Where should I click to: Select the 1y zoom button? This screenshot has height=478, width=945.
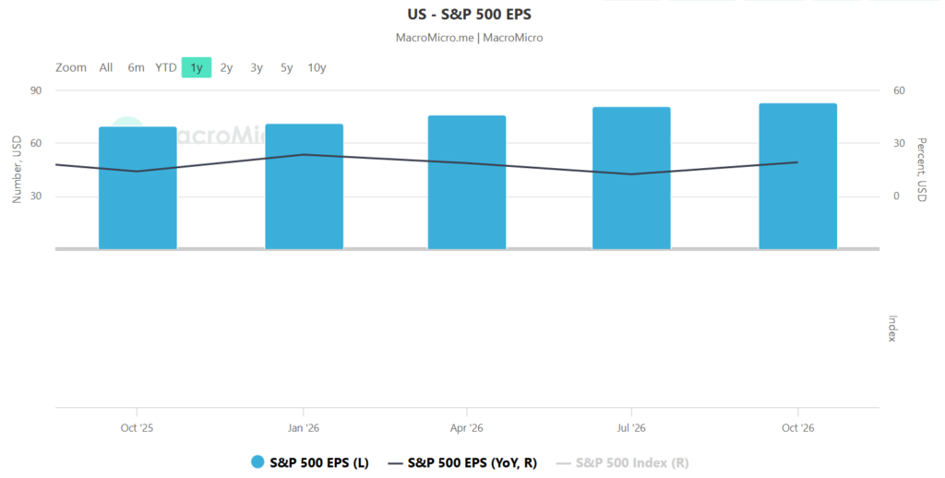(x=196, y=67)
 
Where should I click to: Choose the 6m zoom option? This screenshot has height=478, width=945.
(x=136, y=67)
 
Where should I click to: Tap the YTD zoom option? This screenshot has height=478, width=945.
(x=166, y=67)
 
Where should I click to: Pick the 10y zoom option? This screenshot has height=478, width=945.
(x=317, y=67)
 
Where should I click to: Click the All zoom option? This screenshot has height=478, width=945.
(x=106, y=67)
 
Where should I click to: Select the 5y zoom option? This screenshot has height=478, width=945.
(x=286, y=67)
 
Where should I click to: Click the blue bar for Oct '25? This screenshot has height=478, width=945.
(x=138, y=189)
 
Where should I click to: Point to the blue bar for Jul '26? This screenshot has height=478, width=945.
(x=631, y=179)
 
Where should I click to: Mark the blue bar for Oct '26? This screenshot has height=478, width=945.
(x=797, y=177)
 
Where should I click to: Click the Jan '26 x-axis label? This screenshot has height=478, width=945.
(x=304, y=428)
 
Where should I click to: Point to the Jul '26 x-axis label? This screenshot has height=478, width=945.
(x=631, y=428)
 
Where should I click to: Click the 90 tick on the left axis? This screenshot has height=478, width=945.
(x=38, y=90)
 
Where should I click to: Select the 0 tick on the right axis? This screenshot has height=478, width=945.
(x=894, y=197)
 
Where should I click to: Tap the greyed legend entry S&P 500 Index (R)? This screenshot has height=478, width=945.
(x=632, y=463)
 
